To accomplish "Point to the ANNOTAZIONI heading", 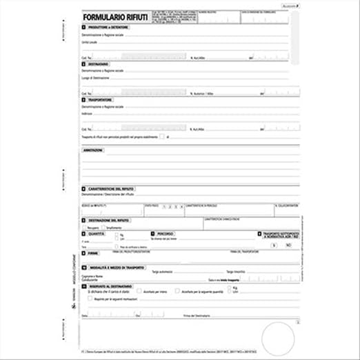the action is tap(94, 150).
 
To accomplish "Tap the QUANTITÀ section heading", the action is tap(96, 234).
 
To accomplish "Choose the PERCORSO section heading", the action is tap(164, 234).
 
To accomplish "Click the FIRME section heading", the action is tap(92, 253).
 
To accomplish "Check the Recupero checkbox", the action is tap(84, 226).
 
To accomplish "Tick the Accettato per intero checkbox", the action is tap(140, 292).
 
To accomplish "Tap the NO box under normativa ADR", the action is tap(288, 245).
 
